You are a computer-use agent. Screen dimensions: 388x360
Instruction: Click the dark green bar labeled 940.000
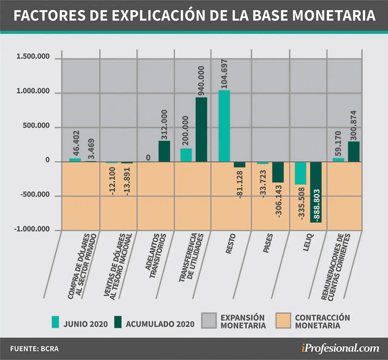[x=201, y=130]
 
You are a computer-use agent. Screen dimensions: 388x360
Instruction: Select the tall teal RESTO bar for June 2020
[x=224, y=126]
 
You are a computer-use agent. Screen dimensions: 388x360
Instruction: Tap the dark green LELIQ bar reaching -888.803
[x=316, y=192]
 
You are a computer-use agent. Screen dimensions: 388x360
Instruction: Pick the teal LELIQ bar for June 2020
[x=300, y=173]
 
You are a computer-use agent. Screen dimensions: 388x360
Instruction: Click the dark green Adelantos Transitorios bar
[x=164, y=151]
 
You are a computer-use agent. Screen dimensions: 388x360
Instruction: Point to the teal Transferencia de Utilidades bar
[x=186, y=155]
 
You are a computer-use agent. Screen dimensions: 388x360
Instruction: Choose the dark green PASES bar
[x=278, y=172]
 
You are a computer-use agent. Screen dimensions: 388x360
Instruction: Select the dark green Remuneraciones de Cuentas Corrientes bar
[x=354, y=152]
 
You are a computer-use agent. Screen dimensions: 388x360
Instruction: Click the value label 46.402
[x=76, y=143]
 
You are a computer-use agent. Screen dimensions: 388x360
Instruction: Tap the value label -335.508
[x=302, y=204]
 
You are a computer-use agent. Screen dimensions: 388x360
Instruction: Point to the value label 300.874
[x=353, y=125]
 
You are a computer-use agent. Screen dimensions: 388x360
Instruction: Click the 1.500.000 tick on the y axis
[x=33, y=56]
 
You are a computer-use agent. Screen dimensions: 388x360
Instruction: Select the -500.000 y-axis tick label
[x=35, y=195]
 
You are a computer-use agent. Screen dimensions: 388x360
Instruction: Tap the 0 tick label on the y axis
[x=48, y=160]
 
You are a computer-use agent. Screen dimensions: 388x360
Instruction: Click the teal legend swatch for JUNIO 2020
[x=55, y=322]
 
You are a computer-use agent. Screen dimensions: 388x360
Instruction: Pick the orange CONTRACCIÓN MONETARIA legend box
[x=283, y=321]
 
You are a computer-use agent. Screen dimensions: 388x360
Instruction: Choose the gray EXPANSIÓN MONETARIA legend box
[x=209, y=321]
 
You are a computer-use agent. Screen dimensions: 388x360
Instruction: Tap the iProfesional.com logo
[x=340, y=348]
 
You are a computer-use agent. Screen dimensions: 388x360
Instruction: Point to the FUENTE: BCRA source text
[x=34, y=349]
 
